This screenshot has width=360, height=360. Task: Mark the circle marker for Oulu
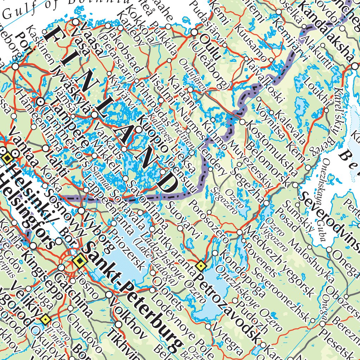tap(195, 32)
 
